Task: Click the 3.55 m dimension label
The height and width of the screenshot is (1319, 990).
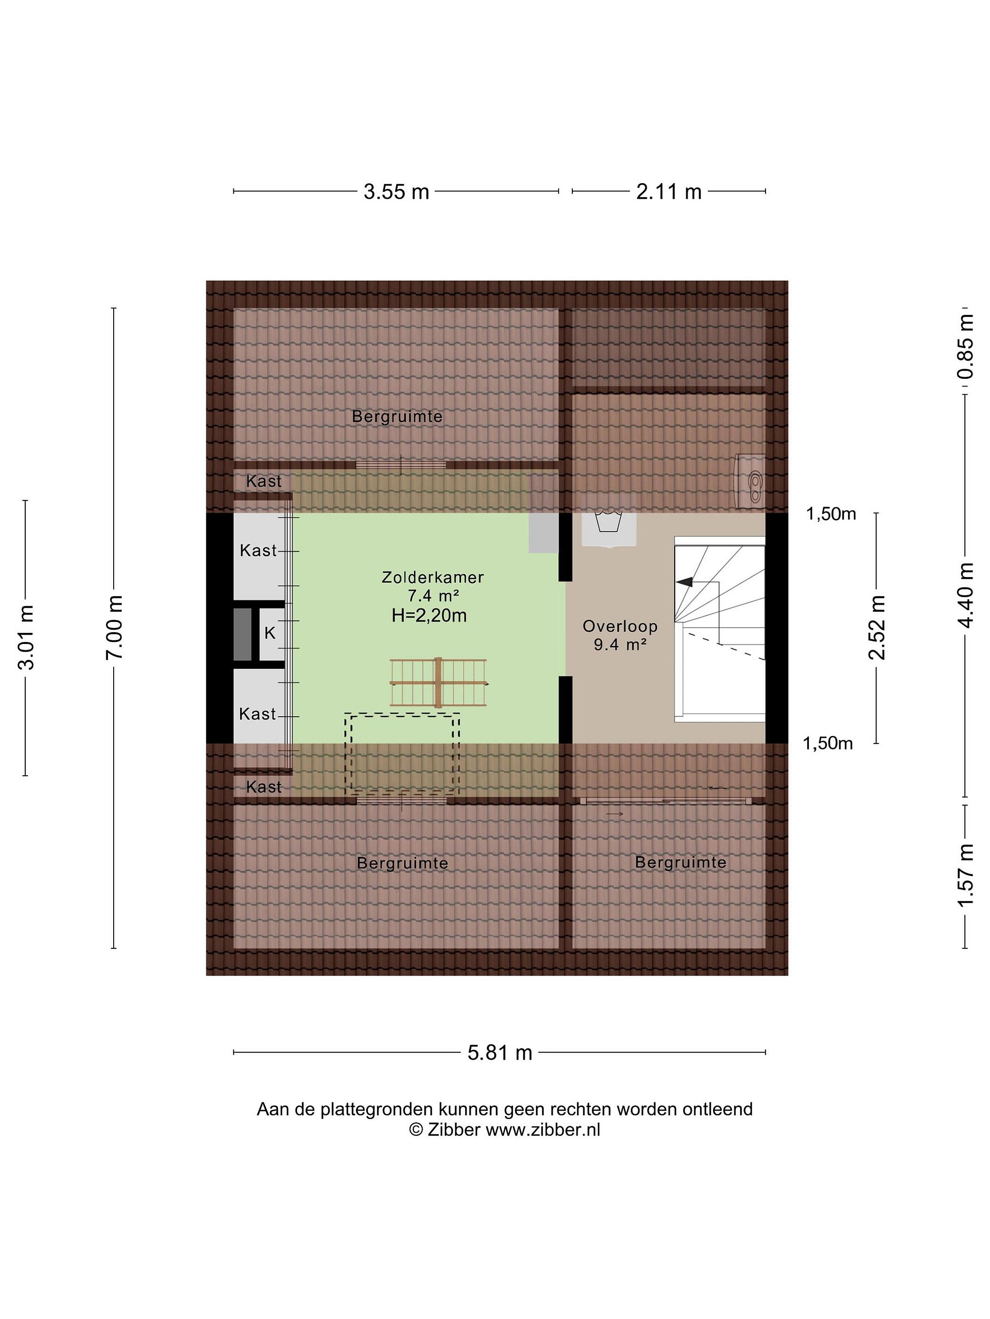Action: (396, 191)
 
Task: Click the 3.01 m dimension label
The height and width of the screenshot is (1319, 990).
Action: (26, 637)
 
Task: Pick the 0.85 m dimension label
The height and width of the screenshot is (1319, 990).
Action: (965, 346)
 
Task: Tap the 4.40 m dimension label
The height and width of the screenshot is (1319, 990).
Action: (965, 595)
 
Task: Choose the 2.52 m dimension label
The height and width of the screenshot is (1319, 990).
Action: (876, 627)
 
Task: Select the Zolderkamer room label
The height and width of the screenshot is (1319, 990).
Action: (433, 577)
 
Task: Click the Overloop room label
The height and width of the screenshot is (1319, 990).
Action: (620, 626)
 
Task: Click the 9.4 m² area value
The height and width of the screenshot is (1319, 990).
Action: (621, 644)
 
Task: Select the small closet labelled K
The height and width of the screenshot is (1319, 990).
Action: (270, 633)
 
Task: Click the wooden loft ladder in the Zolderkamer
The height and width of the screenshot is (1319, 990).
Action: (438, 683)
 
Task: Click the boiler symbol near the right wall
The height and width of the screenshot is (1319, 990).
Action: (750, 480)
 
